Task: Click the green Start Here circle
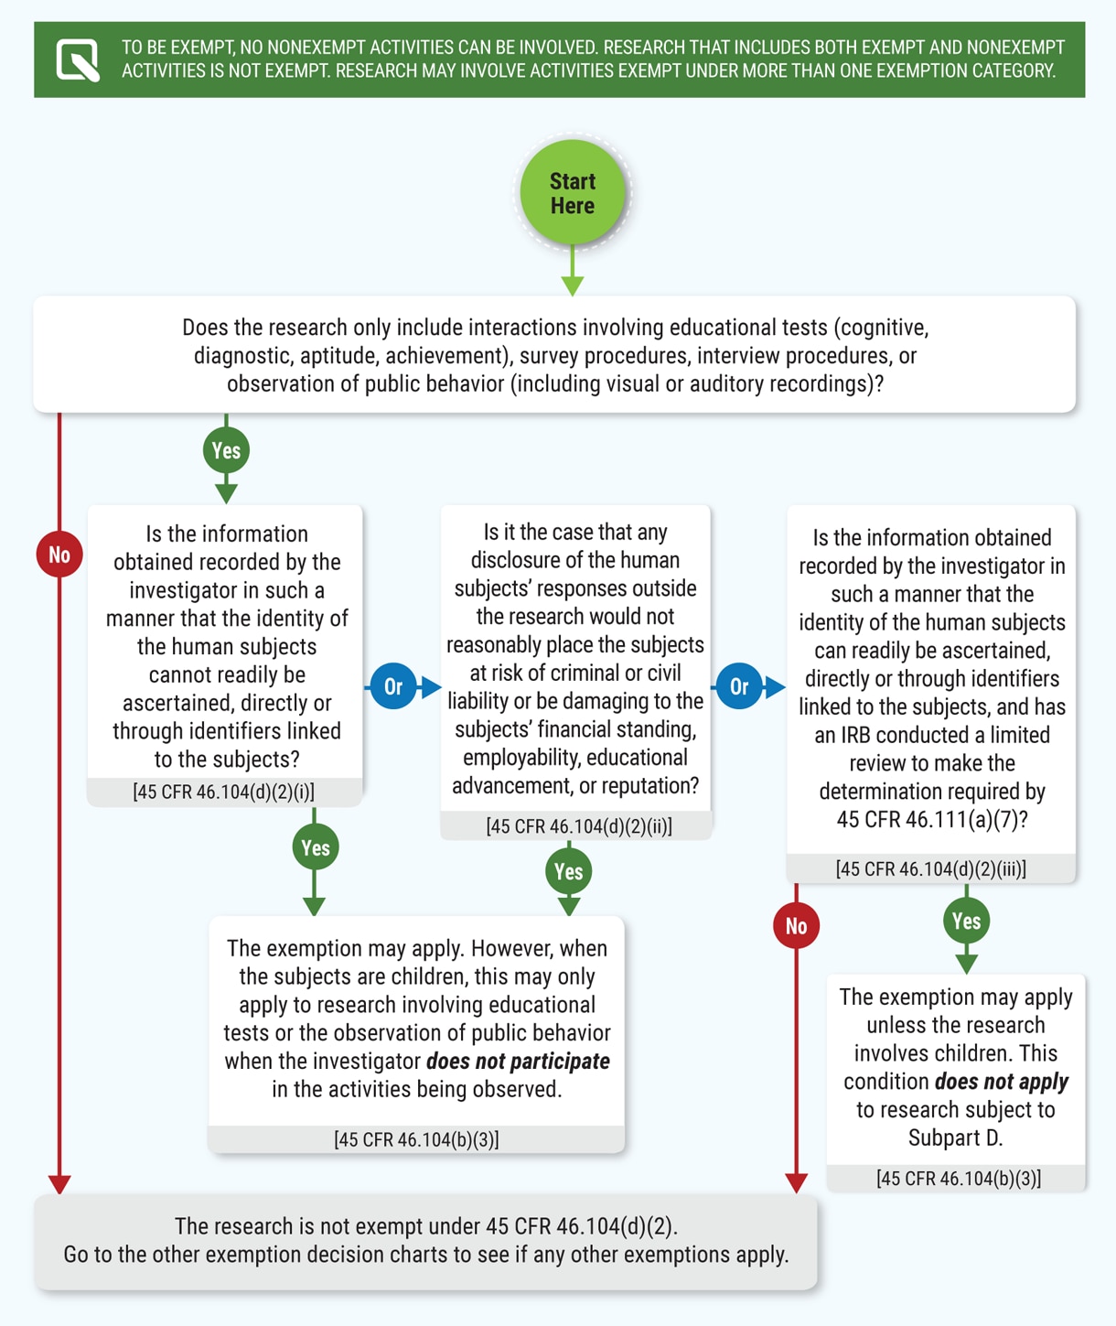(573, 193)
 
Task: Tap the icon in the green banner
(78, 60)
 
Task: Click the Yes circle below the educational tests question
(226, 450)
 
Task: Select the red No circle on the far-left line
(59, 555)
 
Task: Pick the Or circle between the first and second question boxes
(393, 686)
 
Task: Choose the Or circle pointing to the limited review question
(739, 686)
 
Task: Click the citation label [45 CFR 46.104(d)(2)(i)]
(224, 792)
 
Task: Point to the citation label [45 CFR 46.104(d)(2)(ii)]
(579, 826)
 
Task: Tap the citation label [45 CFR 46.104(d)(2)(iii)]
(931, 869)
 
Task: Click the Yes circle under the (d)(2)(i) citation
(316, 847)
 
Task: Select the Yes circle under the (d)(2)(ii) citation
(569, 871)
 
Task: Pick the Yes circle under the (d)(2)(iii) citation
(967, 922)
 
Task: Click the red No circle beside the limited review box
(796, 926)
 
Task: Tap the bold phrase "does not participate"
(519, 1062)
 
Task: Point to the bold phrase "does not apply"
(1002, 1083)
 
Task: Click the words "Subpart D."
(956, 1138)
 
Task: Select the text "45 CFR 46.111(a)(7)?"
(932, 820)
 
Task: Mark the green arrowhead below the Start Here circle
(573, 286)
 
